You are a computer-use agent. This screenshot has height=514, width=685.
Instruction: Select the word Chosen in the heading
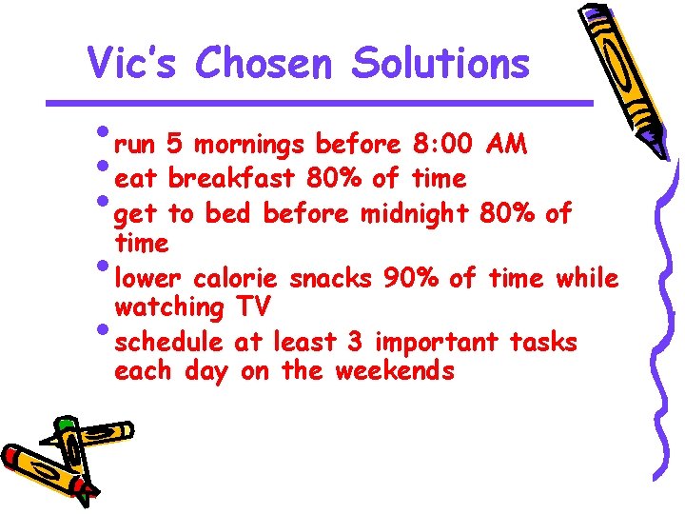tap(264, 64)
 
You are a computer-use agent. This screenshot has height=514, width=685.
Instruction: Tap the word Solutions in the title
tap(440, 64)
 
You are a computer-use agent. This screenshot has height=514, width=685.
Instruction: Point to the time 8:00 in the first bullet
tap(444, 145)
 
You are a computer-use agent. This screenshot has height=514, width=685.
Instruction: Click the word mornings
tap(248, 146)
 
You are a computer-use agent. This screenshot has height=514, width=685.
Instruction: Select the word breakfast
tap(233, 178)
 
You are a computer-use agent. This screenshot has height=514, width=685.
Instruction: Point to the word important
tap(437, 342)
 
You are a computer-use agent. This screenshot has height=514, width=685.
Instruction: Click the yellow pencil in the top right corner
tap(625, 76)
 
